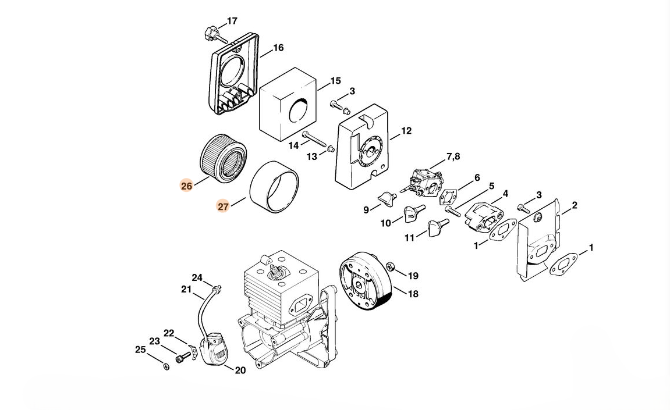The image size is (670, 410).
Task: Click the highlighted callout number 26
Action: tap(187, 186)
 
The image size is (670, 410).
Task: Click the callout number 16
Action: tap(278, 48)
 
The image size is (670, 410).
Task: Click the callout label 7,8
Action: tap(453, 157)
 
